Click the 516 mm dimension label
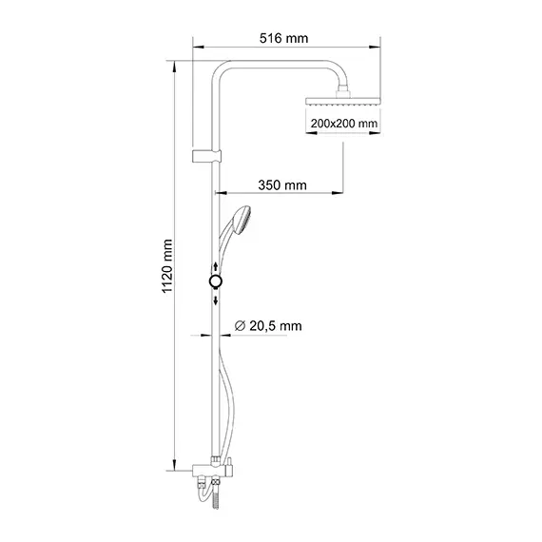[x=285, y=37]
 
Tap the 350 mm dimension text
[x=284, y=184]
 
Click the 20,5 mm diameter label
[x=275, y=326]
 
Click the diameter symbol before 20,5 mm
[x=239, y=326]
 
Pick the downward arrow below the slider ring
[x=217, y=299]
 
